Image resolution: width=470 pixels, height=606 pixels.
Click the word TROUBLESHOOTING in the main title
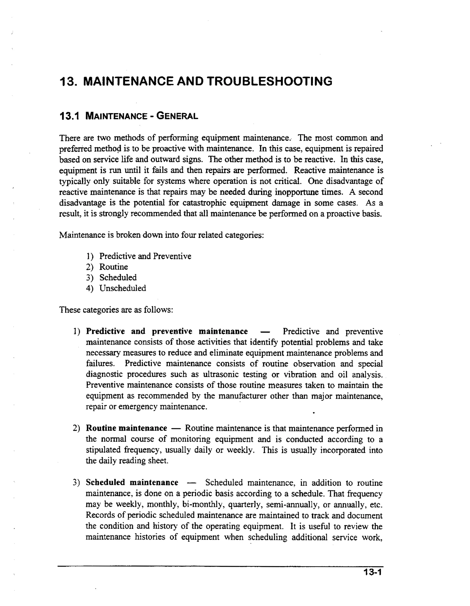tap(269, 81)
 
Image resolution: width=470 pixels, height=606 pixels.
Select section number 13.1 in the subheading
tap(69, 116)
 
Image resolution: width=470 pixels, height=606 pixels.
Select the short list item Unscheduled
tap(123, 288)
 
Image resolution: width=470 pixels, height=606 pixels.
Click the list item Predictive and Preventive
tap(145, 256)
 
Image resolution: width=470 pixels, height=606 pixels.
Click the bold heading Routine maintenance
tap(126, 428)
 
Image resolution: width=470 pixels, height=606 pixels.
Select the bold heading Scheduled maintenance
tap(132, 482)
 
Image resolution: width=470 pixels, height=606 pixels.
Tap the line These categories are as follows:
tap(116, 309)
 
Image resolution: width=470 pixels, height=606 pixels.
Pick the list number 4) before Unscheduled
tap(90, 288)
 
